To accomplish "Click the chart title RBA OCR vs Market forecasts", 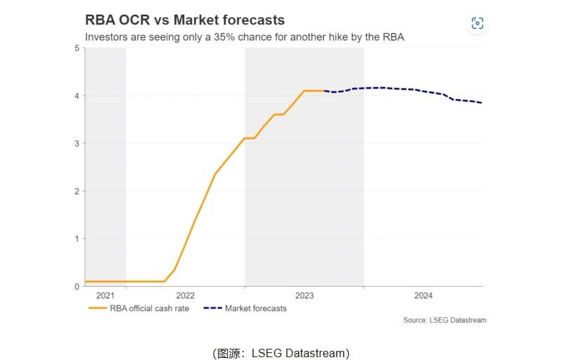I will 185,20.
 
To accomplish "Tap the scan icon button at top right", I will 478,23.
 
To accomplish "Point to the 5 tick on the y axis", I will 76,48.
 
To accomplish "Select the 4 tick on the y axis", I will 76,96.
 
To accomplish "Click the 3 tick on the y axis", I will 76,143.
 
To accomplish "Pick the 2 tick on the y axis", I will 76,191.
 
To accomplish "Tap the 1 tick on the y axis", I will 76,238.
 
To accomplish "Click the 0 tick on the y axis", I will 76,286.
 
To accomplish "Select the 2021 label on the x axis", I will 105,295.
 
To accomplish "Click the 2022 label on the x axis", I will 186,295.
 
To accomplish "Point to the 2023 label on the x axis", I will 304,295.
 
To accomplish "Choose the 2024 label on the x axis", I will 423,295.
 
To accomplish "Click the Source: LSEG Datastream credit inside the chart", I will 445,321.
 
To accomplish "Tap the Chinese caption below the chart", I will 280,353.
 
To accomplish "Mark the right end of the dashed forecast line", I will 482,103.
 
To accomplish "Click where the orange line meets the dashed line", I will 324,91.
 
